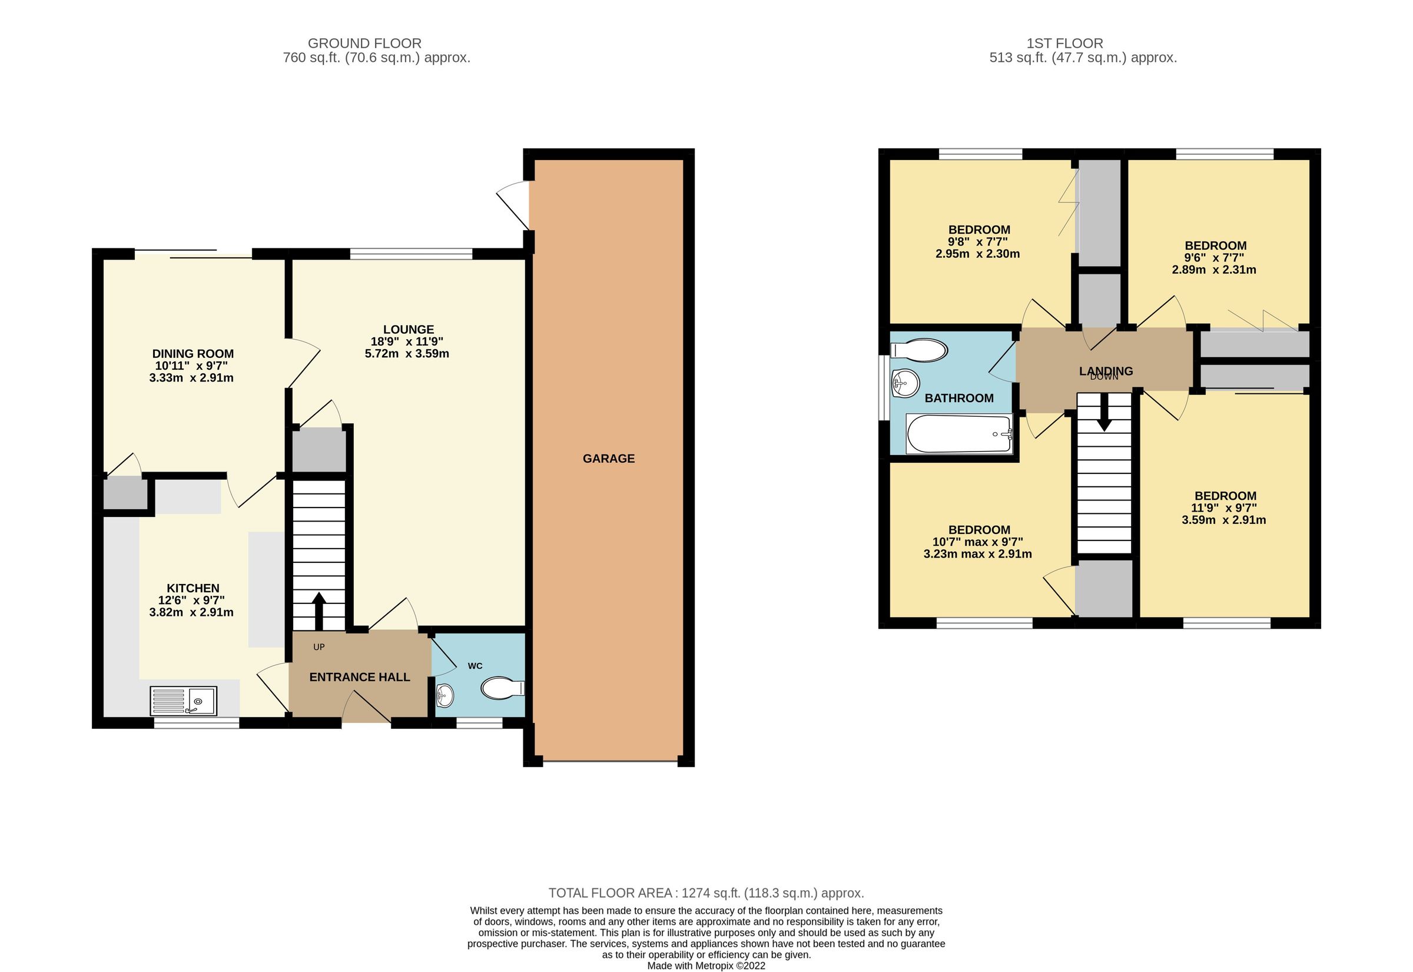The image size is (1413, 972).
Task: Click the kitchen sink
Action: [183, 701]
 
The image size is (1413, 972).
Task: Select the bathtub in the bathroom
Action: [958, 434]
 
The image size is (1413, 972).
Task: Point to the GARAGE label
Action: [608, 459]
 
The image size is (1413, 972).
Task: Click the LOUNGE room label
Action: [408, 330]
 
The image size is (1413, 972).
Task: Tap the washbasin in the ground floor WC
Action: [445, 695]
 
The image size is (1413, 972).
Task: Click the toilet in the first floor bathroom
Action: [919, 350]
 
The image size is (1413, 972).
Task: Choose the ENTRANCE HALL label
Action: [359, 677]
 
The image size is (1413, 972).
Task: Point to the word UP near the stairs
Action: [319, 648]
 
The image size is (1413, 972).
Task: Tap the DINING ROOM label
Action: [193, 354]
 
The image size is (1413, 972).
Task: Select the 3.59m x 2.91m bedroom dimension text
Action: [1223, 520]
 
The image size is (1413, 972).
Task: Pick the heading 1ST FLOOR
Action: [1064, 43]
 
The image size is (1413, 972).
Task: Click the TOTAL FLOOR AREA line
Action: [706, 893]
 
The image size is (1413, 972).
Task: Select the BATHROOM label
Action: [958, 399]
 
